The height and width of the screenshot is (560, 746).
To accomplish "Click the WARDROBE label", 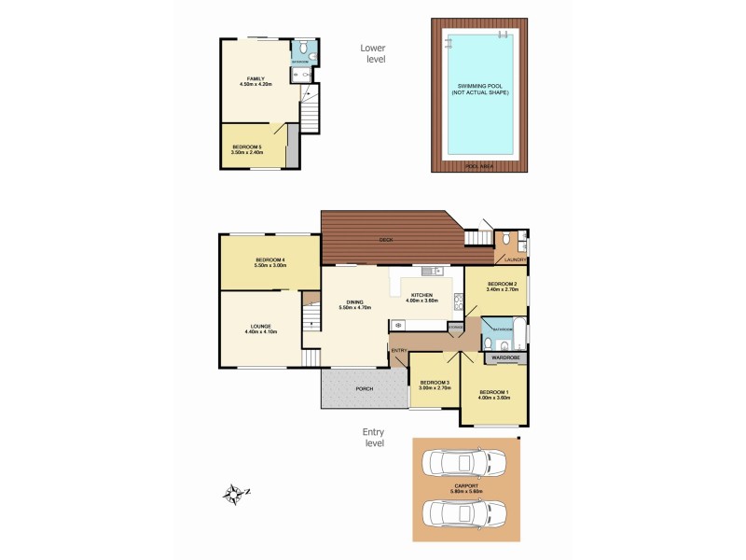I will tap(505, 357).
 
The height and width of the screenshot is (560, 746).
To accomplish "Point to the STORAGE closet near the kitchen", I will tap(455, 327).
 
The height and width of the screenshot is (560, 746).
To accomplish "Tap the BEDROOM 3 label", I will tap(435, 383).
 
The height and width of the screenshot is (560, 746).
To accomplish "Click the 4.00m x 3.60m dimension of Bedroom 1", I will tap(494, 398).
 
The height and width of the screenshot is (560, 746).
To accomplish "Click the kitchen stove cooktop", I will tap(458, 301).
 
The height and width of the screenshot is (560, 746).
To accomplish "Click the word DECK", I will tap(385, 240).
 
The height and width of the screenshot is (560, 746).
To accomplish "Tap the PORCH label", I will tap(365, 389).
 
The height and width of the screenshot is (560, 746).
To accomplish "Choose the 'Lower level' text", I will tap(373, 53).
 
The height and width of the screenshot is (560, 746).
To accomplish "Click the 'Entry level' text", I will tap(374, 438).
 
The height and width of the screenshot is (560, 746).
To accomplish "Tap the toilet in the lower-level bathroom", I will tap(311, 55).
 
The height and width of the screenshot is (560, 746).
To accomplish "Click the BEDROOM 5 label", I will tap(247, 147).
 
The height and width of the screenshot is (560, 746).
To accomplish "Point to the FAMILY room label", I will tap(256, 78).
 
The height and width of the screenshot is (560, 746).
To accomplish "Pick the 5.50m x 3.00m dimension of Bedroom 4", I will tap(269, 266).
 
